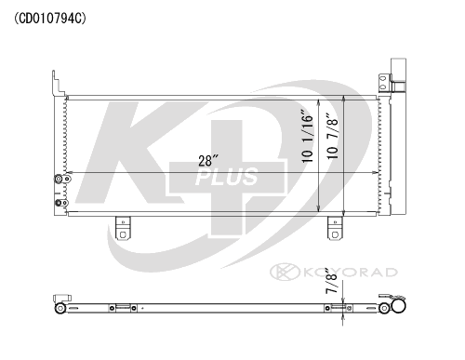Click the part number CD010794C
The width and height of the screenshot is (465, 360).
coord(50,19)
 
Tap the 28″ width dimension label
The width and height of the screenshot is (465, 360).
coord(208,161)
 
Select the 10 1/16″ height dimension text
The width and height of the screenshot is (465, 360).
coord(308,136)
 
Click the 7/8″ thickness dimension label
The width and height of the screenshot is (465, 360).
coord(331,282)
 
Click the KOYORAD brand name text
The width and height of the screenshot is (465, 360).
coord(350,273)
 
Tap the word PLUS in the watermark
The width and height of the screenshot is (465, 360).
coord(227,177)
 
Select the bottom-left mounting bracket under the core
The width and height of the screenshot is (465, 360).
coord(123,228)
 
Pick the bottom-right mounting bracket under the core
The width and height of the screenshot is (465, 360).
coord(335,228)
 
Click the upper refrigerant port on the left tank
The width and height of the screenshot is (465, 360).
coord(61,179)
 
